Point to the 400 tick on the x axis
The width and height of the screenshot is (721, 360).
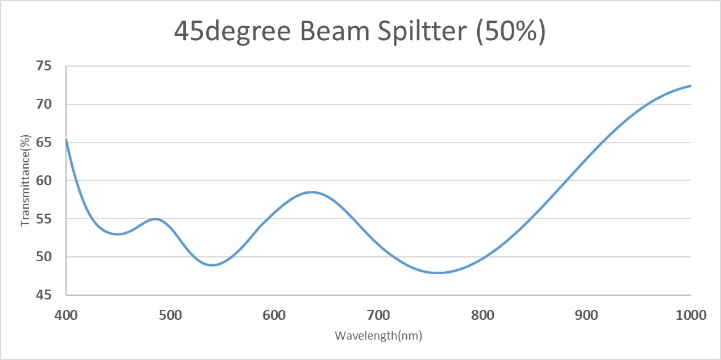click(66, 315)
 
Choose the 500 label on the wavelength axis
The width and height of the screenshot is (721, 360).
click(170, 315)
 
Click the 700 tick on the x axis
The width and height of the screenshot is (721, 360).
click(378, 315)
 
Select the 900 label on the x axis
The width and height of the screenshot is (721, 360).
click(586, 315)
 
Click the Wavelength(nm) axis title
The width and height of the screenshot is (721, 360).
click(378, 336)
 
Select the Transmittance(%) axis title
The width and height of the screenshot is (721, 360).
click(25, 180)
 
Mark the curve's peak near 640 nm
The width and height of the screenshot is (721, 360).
click(312, 192)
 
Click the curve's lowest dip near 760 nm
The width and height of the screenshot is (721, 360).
click(438, 272)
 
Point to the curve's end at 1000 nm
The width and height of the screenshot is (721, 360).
click(690, 86)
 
